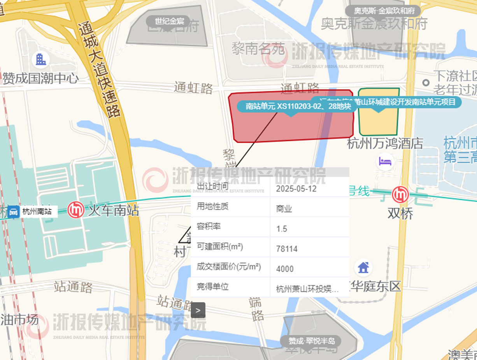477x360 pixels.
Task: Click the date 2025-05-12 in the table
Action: (x=296, y=189)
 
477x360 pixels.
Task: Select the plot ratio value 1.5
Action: (x=282, y=229)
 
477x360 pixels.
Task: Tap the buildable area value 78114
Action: (x=287, y=249)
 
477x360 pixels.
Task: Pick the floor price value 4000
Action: (x=285, y=269)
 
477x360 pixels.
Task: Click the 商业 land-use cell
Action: (x=284, y=209)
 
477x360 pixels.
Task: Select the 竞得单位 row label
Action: (x=212, y=287)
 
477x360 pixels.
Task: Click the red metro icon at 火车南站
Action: (x=76, y=210)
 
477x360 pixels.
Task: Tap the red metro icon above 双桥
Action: (x=400, y=195)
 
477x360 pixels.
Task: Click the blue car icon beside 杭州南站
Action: (x=13, y=212)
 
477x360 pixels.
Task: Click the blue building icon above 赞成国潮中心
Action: (x=40, y=59)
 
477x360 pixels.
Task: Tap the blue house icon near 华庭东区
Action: (x=363, y=267)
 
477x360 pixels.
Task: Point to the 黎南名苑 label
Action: (x=258, y=49)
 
